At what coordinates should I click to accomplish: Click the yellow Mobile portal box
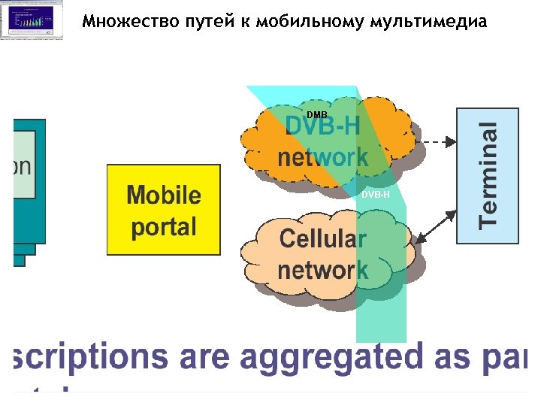coord(164,211)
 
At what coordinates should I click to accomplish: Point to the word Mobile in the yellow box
coord(164,195)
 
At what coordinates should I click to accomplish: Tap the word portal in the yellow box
coord(164,226)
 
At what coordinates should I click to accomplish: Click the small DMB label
coord(316,115)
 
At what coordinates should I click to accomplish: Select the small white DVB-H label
coord(376,195)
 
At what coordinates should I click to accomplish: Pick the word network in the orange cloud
coord(323,157)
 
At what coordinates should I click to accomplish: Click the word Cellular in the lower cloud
coord(323,239)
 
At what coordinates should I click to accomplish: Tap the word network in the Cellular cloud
coord(323,269)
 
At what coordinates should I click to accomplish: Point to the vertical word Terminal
coord(488,175)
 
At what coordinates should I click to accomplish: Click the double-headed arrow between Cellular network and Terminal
coord(436,226)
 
